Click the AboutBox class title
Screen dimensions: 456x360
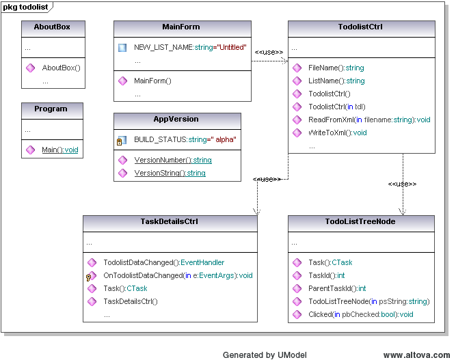[x=52, y=27]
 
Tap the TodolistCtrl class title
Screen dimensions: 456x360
[x=360, y=27]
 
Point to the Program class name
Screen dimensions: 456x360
[x=51, y=109]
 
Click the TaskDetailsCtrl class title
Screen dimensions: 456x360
[x=170, y=221]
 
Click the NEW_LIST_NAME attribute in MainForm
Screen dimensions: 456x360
[x=190, y=47]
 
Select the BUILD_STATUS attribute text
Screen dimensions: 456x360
[x=185, y=140]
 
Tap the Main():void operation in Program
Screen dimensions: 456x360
[x=60, y=150]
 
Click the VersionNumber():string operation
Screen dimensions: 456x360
[x=173, y=160]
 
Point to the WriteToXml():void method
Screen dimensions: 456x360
[x=338, y=133]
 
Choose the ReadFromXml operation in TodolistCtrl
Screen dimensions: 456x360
[x=369, y=120]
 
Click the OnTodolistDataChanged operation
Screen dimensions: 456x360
[x=178, y=275]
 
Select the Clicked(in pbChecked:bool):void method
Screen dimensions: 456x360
[x=361, y=314]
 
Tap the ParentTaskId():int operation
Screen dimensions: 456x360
[x=337, y=288]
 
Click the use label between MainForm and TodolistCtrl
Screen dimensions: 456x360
[x=269, y=53]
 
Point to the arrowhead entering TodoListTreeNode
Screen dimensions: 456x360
[x=403, y=212]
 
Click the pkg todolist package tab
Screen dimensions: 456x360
[x=27, y=7]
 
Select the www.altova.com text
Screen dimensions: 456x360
[x=416, y=355]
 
